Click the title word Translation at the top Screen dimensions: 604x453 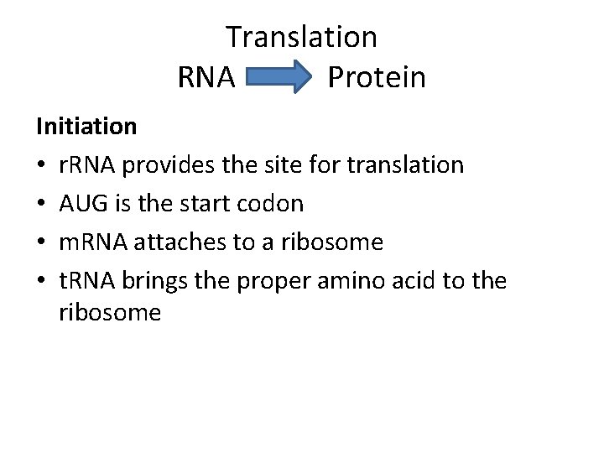pos(301,37)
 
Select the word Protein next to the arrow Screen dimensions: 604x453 pos(377,78)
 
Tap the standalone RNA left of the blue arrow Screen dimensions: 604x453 pos(206,78)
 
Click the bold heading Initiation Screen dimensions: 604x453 pos(86,127)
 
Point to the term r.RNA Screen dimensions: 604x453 pos(88,164)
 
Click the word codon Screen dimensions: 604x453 pos(273,204)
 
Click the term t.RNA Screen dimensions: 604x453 pos(88,281)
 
